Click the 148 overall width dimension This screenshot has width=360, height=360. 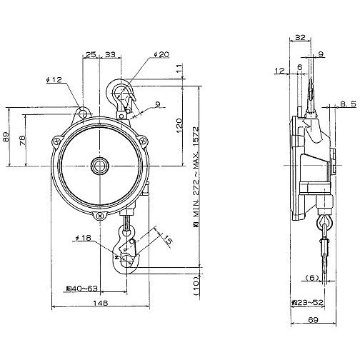101,303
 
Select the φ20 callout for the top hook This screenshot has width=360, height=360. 161,54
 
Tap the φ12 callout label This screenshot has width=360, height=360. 54,80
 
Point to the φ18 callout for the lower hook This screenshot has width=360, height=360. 83,238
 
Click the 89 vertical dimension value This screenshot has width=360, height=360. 6,137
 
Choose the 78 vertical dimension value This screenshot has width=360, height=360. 21,141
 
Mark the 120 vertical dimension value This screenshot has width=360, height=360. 179,125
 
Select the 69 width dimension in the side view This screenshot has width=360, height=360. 313,320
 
